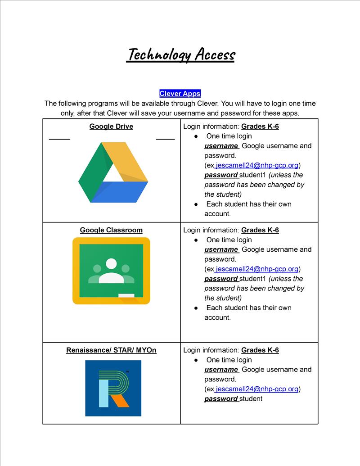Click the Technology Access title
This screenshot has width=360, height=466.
[180, 55]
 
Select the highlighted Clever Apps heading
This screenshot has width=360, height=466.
[180, 94]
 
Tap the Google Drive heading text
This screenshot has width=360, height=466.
[111, 127]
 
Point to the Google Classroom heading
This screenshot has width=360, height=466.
[111, 230]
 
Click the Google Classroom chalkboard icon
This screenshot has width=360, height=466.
[111, 271]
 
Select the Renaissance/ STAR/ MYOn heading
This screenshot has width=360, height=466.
[111, 350]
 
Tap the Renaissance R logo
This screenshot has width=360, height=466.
[113, 388]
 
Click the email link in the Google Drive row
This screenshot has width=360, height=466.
[256, 165]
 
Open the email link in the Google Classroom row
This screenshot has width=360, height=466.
[256, 269]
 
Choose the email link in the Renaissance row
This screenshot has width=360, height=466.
[256, 389]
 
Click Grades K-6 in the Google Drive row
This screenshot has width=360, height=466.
[260, 127]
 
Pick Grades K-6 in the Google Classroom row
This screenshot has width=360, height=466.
[260, 230]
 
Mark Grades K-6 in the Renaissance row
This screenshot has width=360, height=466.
[260, 350]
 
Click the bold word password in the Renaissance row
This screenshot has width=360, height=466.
[221, 399]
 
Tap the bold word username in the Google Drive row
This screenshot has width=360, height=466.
[221, 146]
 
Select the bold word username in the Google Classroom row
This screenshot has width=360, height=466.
[221, 249]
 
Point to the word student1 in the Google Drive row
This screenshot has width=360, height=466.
[253, 175]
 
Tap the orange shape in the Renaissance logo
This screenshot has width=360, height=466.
[121, 400]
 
